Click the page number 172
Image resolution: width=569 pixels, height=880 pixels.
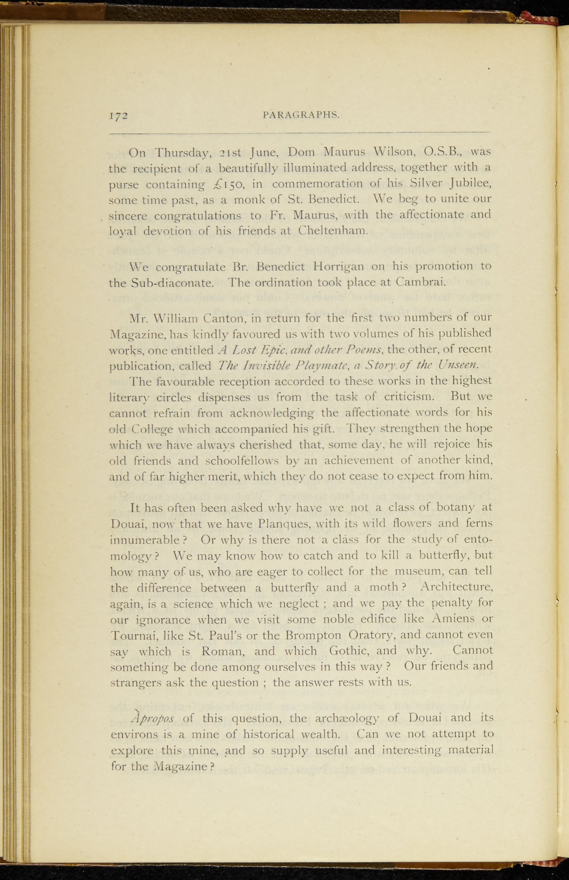click(x=119, y=116)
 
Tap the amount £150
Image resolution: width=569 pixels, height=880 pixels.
click(x=229, y=184)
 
